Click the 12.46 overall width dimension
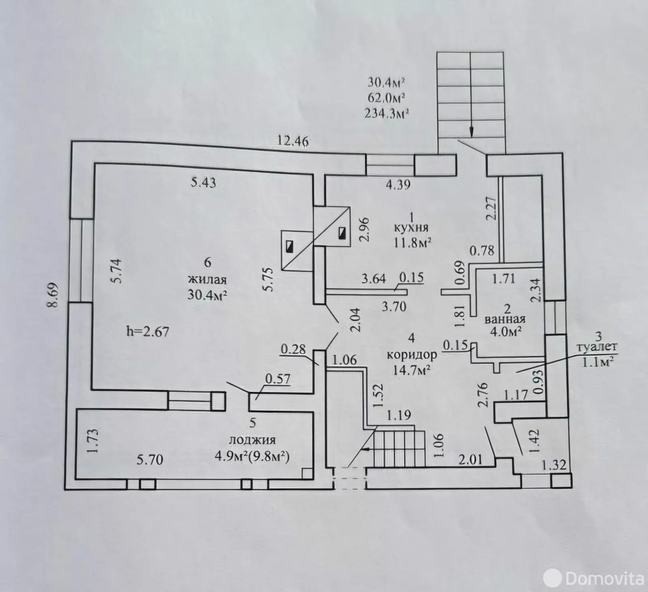293,141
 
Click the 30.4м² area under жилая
207,294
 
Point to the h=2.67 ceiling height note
147,332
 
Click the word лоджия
253,440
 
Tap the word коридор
412,355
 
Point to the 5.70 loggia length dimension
150,459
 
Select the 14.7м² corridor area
411,370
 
